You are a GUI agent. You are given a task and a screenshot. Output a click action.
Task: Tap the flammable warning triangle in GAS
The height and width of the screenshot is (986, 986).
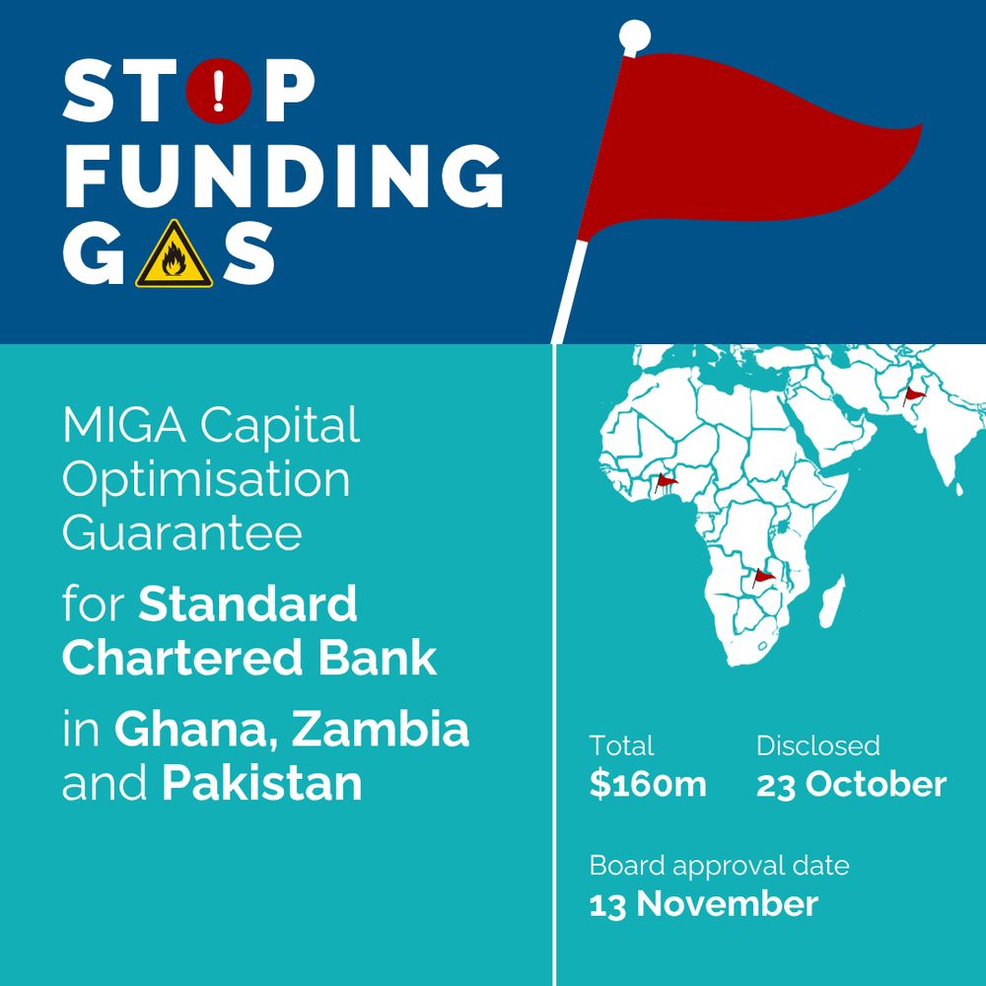coord(174,256)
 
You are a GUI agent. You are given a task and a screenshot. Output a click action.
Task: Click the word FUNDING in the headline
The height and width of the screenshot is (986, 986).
coord(284,175)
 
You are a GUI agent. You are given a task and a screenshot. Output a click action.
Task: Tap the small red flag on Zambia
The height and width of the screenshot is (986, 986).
coord(762,577)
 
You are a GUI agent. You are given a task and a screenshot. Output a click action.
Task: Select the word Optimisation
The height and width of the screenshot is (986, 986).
coord(206,480)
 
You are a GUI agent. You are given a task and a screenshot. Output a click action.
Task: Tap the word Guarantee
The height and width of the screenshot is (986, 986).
coord(181,533)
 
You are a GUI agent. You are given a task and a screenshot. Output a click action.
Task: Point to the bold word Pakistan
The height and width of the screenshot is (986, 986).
coord(262,784)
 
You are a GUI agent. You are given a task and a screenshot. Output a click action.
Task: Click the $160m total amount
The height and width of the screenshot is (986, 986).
coord(648,785)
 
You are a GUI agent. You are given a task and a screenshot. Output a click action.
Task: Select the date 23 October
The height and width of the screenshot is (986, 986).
coord(851,785)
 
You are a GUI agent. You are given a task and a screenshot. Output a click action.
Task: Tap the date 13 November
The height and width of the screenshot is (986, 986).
coord(703,903)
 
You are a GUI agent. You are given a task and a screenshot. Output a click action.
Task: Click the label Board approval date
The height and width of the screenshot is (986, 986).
coord(719,867)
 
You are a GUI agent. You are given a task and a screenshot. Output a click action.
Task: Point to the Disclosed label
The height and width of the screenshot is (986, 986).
coord(817,746)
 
